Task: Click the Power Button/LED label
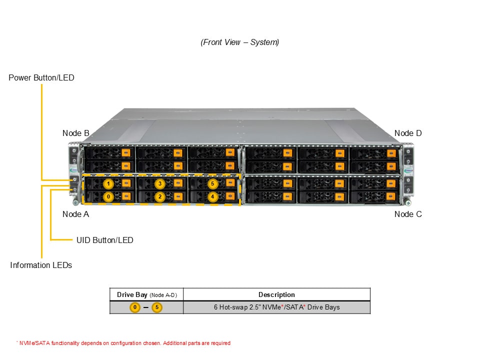tap(41, 78)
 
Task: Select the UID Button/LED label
tap(105, 240)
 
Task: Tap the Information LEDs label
tap(41, 265)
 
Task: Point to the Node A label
tap(75, 214)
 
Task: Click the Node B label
tap(75, 133)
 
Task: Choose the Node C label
tap(408, 214)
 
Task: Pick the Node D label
tap(408, 133)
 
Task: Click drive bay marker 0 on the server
tap(108, 196)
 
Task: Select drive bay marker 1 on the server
tap(108, 184)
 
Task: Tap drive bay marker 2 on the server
tap(160, 196)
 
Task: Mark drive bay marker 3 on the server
tap(160, 184)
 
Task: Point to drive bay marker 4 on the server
tap(213, 196)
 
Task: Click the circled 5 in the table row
tap(157, 307)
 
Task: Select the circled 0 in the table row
tap(135, 307)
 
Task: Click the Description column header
tap(276, 294)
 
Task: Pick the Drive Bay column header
tap(146, 294)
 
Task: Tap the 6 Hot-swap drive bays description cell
tap(276, 307)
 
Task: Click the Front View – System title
tap(240, 42)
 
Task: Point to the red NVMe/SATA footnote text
tap(123, 343)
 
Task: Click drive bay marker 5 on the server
tap(213, 184)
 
